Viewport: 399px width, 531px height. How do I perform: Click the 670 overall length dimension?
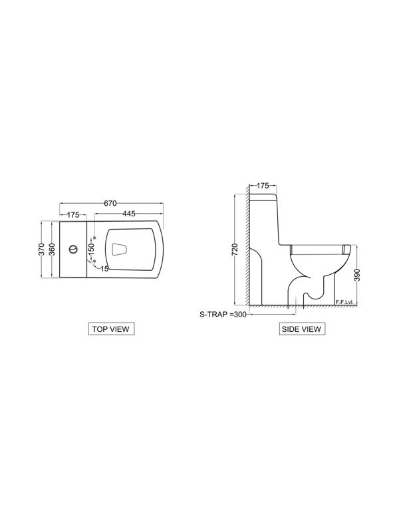pyautogui.click(x=110, y=203)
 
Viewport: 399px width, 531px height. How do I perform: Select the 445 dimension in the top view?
pyautogui.click(x=129, y=214)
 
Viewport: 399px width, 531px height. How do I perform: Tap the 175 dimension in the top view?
pyautogui.click(x=73, y=214)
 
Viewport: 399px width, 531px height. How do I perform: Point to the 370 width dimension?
pyautogui.click(x=41, y=250)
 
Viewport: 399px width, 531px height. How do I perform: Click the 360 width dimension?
pyautogui.click(x=52, y=250)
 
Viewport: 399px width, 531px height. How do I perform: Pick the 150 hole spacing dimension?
pyautogui.click(x=91, y=250)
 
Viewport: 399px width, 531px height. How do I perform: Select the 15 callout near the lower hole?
pyautogui.click(x=104, y=269)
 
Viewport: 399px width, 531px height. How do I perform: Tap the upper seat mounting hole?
pyautogui.click(x=94, y=238)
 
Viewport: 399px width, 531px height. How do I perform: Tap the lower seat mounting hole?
pyautogui.click(x=94, y=261)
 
